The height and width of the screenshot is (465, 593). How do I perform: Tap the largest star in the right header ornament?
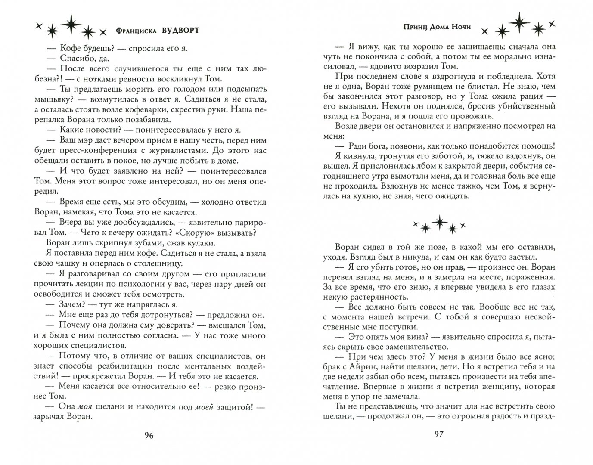517,20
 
